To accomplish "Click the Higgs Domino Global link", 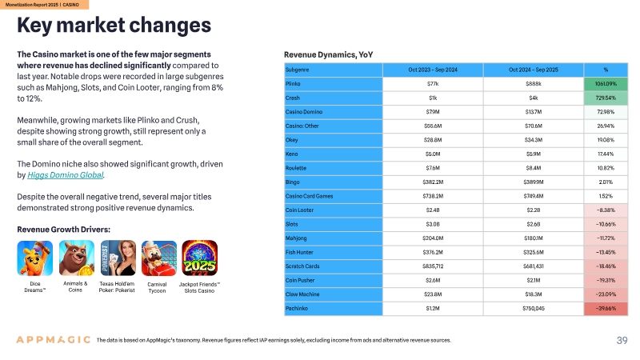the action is (66, 175).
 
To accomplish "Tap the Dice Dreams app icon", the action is (35, 258).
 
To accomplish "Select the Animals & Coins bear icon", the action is (77, 258).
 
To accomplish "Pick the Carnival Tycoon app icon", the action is (158, 258).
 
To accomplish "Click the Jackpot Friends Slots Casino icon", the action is (199, 258).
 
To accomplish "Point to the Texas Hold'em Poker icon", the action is (118, 258).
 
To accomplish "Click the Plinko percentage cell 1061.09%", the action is (606, 84).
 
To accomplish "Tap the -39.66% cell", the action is (606, 309).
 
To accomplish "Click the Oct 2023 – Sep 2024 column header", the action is (433, 70).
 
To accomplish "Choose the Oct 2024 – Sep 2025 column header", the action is (534, 70).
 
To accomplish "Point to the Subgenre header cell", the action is (334, 70).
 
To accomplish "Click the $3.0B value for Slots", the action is (433, 225).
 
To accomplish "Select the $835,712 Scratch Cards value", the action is (433, 266).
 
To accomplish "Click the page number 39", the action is (622, 341).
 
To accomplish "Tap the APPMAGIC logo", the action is (53, 339).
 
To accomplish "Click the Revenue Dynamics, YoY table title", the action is (329, 55).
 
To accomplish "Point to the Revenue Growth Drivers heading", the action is (64, 230).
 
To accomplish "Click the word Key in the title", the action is (34, 26).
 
